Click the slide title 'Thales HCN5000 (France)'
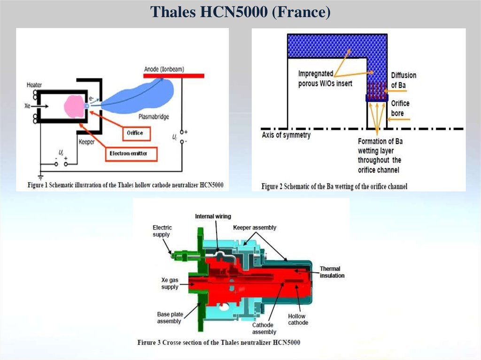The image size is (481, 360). pyautogui.click(x=240, y=12)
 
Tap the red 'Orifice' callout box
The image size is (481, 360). pyautogui.click(x=135, y=133)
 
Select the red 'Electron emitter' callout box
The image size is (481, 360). pyautogui.click(x=132, y=153)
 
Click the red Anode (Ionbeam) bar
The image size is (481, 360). pyautogui.click(x=174, y=75)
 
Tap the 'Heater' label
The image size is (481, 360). pyautogui.click(x=34, y=85)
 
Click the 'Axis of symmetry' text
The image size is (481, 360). pyautogui.click(x=286, y=135)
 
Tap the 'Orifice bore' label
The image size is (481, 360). pyautogui.click(x=400, y=108)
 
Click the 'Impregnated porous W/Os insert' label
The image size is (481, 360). pyautogui.click(x=325, y=78)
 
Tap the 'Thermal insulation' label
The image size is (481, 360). pyautogui.click(x=332, y=272)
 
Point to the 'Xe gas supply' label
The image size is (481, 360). pyautogui.click(x=170, y=283)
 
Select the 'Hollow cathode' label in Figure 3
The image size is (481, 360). pyautogui.click(x=298, y=320)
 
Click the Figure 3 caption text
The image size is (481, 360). pyautogui.click(x=219, y=342)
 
